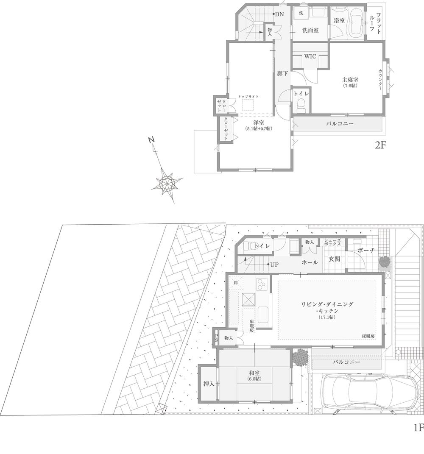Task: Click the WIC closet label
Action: [x=310, y=57]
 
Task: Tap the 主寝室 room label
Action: [x=351, y=80]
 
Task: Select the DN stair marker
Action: [x=279, y=14]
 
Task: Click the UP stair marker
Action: [x=274, y=265]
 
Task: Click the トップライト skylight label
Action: [x=248, y=97]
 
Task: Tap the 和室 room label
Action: [x=254, y=373]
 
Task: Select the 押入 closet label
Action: [x=209, y=384]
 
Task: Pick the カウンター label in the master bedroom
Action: [x=381, y=81]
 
